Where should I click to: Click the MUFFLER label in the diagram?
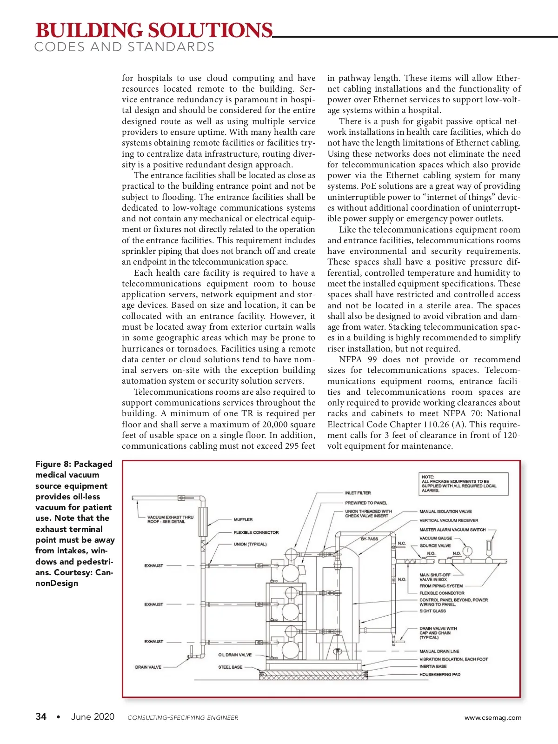[243, 519]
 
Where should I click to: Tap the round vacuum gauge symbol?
[467, 551]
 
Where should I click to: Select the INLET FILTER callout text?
[358, 492]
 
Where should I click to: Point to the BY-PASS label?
[370, 539]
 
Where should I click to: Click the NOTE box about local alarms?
[463, 484]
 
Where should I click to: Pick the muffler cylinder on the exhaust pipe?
[202, 522]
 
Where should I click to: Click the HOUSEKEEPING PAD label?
[439, 674]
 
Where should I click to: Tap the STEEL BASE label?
[230, 667]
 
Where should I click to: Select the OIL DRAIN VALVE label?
[235, 655]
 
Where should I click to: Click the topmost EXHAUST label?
[153, 565]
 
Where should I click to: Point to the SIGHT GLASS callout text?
[432, 611]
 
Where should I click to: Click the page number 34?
[41, 717]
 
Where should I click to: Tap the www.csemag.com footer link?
[492, 717]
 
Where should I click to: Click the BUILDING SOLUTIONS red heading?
[153, 30]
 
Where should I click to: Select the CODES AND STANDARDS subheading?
[124, 47]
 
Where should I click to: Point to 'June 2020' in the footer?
[93, 717]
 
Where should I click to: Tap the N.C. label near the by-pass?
[402, 543]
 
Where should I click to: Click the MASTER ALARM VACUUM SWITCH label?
[452, 530]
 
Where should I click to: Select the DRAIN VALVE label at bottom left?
[148, 667]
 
